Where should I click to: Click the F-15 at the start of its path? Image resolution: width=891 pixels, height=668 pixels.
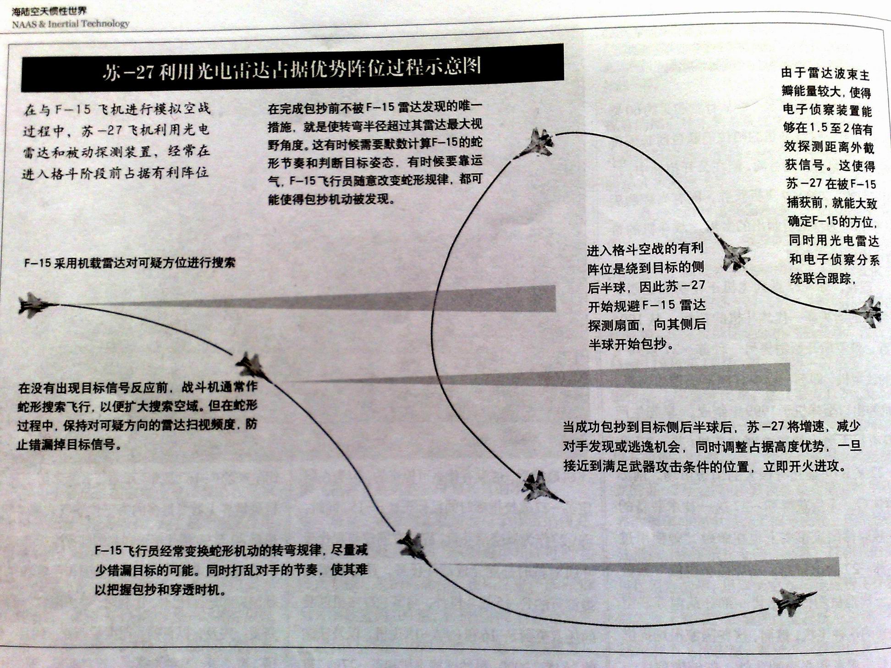[x=34, y=305]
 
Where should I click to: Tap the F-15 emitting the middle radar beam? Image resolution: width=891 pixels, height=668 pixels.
[x=252, y=367]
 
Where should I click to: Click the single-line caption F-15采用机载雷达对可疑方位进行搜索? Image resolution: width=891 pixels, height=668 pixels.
[x=130, y=263]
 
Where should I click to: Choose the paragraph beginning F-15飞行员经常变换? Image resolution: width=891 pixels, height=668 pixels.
[x=231, y=569]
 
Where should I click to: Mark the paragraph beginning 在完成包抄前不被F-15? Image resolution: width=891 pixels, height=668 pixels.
[x=374, y=153]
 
